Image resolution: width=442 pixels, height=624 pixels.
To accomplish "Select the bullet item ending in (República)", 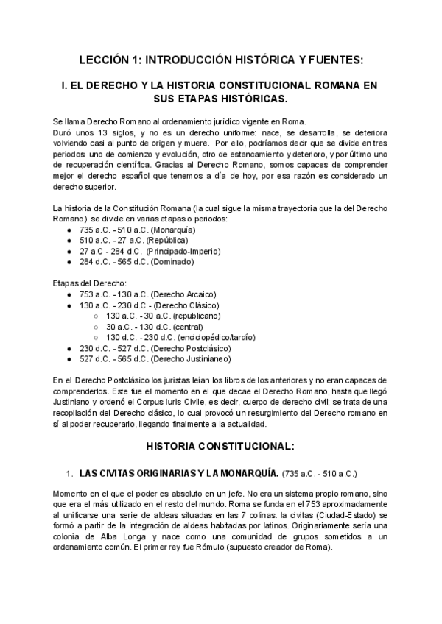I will [133, 240].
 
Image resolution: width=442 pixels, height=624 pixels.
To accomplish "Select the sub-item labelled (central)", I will [181, 326].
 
